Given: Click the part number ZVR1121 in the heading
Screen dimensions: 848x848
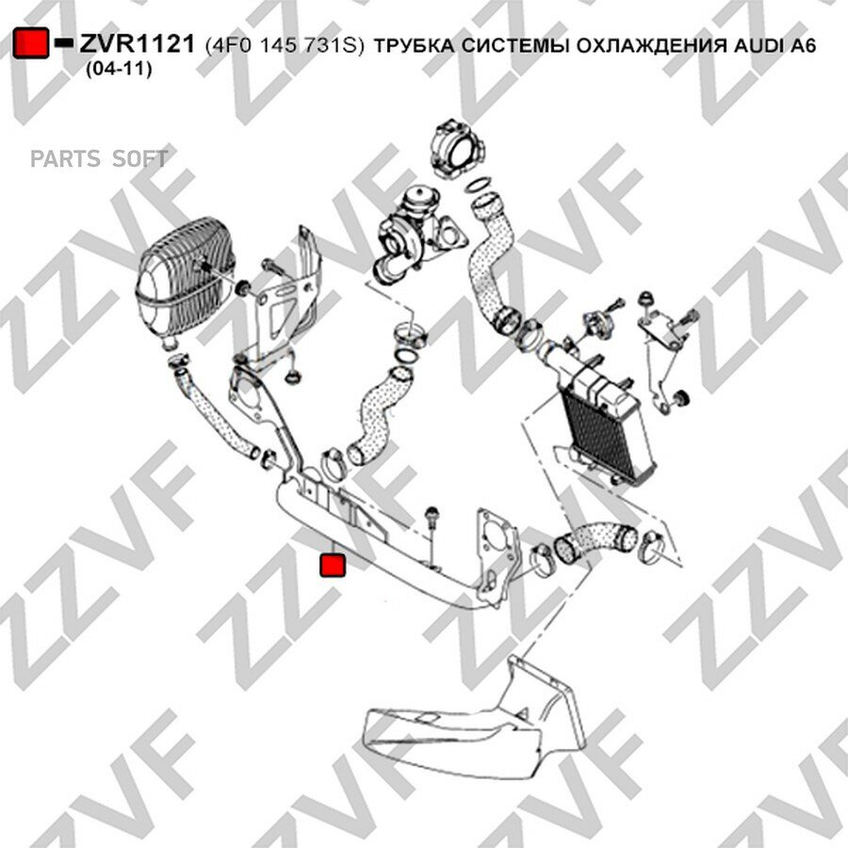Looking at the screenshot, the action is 137,44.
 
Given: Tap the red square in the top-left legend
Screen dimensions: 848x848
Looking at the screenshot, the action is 31,42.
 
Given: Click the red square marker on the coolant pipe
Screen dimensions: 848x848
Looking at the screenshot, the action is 332,564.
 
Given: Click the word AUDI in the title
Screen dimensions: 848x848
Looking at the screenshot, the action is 758,45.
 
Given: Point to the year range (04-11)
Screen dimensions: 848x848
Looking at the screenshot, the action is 119,69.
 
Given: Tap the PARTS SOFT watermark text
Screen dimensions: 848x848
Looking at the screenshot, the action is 99,158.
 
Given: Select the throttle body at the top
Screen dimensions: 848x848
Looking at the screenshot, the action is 457,147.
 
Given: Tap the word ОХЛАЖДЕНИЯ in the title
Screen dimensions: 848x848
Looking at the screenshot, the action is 651,46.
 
